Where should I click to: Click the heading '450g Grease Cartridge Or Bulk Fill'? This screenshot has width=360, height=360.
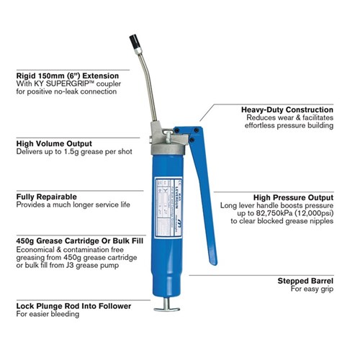click(x=78, y=241)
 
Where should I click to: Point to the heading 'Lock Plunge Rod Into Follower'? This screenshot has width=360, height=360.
click(x=73, y=306)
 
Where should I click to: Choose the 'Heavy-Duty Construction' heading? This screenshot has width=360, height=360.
click(x=287, y=109)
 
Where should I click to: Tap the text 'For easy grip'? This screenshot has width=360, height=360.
click(x=312, y=289)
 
